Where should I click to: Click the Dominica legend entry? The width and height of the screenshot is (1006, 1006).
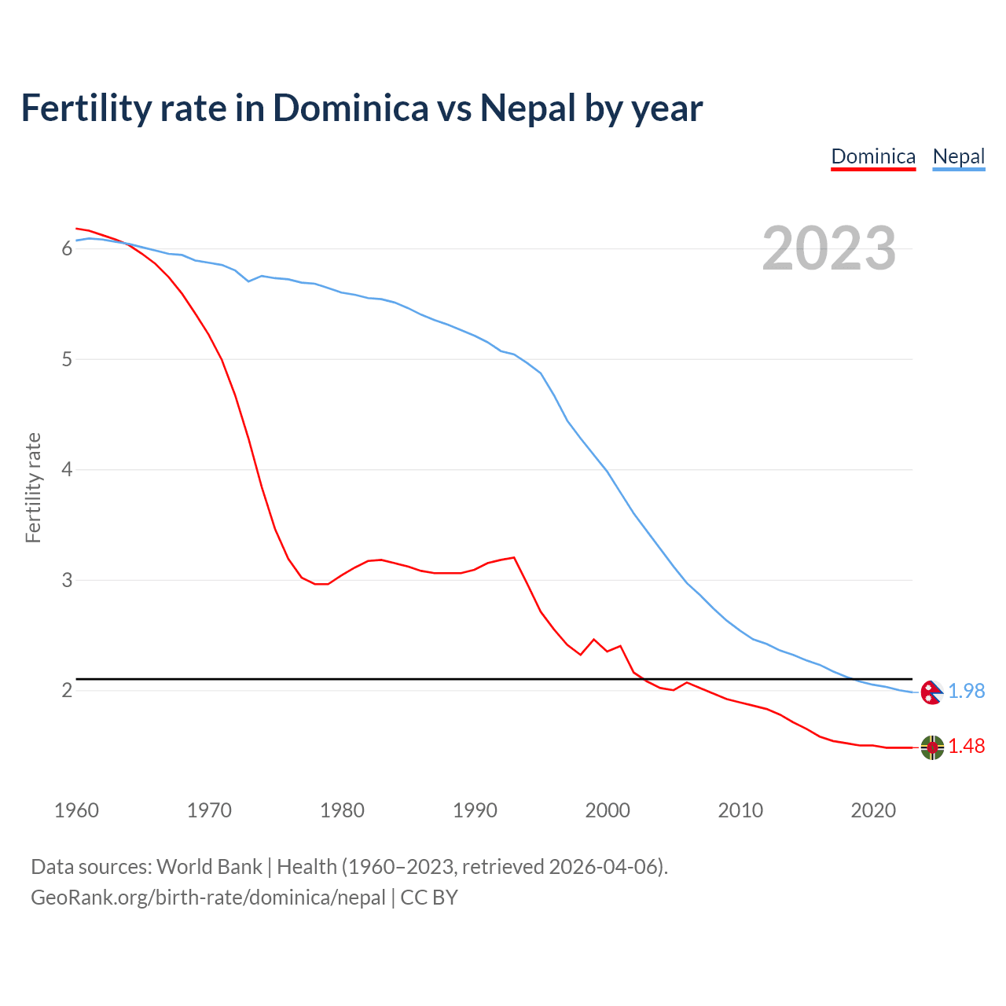click(873, 156)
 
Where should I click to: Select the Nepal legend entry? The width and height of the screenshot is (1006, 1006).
click(958, 156)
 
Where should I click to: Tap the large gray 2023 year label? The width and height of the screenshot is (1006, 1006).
click(829, 248)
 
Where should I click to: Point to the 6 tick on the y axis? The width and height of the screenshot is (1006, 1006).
click(67, 249)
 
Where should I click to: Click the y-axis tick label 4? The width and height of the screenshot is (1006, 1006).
click(67, 470)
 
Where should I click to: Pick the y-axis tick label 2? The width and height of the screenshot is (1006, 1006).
click(67, 691)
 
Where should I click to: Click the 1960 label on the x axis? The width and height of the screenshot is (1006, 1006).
click(76, 810)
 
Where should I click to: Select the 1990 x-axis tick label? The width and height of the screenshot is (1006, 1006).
click(475, 810)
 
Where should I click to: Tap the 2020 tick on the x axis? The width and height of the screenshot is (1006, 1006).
click(873, 810)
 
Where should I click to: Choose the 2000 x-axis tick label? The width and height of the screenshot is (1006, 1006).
click(608, 810)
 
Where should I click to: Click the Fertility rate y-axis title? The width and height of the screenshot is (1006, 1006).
click(33, 487)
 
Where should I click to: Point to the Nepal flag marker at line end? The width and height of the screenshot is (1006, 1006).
click(931, 692)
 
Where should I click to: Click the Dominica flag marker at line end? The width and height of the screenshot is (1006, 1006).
click(932, 747)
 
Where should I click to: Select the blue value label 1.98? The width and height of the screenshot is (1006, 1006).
click(966, 691)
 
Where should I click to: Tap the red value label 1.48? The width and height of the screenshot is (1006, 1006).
click(966, 747)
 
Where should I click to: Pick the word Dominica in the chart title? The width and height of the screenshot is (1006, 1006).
click(351, 108)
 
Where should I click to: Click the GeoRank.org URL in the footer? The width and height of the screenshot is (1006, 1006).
click(208, 898)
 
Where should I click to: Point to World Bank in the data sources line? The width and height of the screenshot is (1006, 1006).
click(209, 867)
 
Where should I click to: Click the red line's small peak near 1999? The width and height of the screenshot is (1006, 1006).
click(593, 639)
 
